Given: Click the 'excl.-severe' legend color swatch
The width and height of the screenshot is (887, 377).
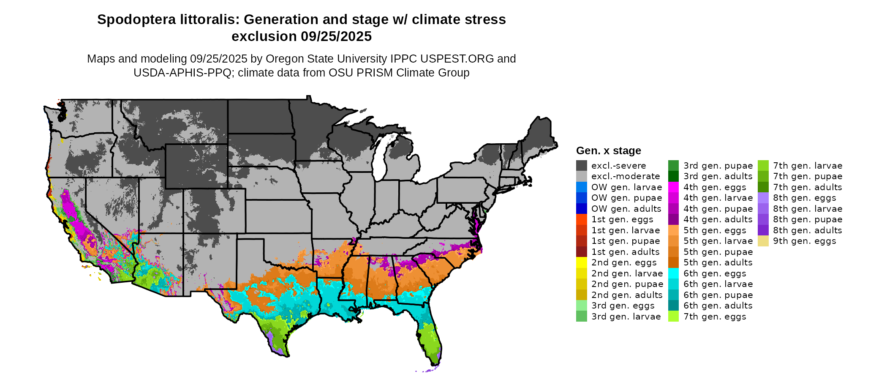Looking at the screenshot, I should (581, 166).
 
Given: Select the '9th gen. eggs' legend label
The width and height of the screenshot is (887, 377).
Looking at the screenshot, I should (804, 241).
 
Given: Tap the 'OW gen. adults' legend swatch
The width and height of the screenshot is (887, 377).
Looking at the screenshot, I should (581, 209).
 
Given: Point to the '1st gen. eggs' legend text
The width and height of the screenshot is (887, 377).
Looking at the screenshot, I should (622, 220).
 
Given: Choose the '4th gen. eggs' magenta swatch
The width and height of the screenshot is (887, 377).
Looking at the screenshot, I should (673, 187).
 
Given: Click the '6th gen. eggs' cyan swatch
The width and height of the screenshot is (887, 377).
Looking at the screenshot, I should (673, 273).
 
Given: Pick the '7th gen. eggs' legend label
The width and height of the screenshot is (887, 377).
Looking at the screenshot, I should (715, 317).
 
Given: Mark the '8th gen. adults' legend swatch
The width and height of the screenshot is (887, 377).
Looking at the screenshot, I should (763, 230).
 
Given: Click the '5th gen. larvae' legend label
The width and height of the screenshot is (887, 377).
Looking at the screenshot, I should (718, 241).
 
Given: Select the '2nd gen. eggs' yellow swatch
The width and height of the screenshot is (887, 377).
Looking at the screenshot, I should (581, 263).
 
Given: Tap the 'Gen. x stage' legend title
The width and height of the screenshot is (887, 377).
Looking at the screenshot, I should (608, 151).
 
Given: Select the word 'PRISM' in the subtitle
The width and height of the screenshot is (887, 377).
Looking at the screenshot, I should (370, 73).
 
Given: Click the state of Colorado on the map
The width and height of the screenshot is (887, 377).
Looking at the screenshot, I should (214, 211).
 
